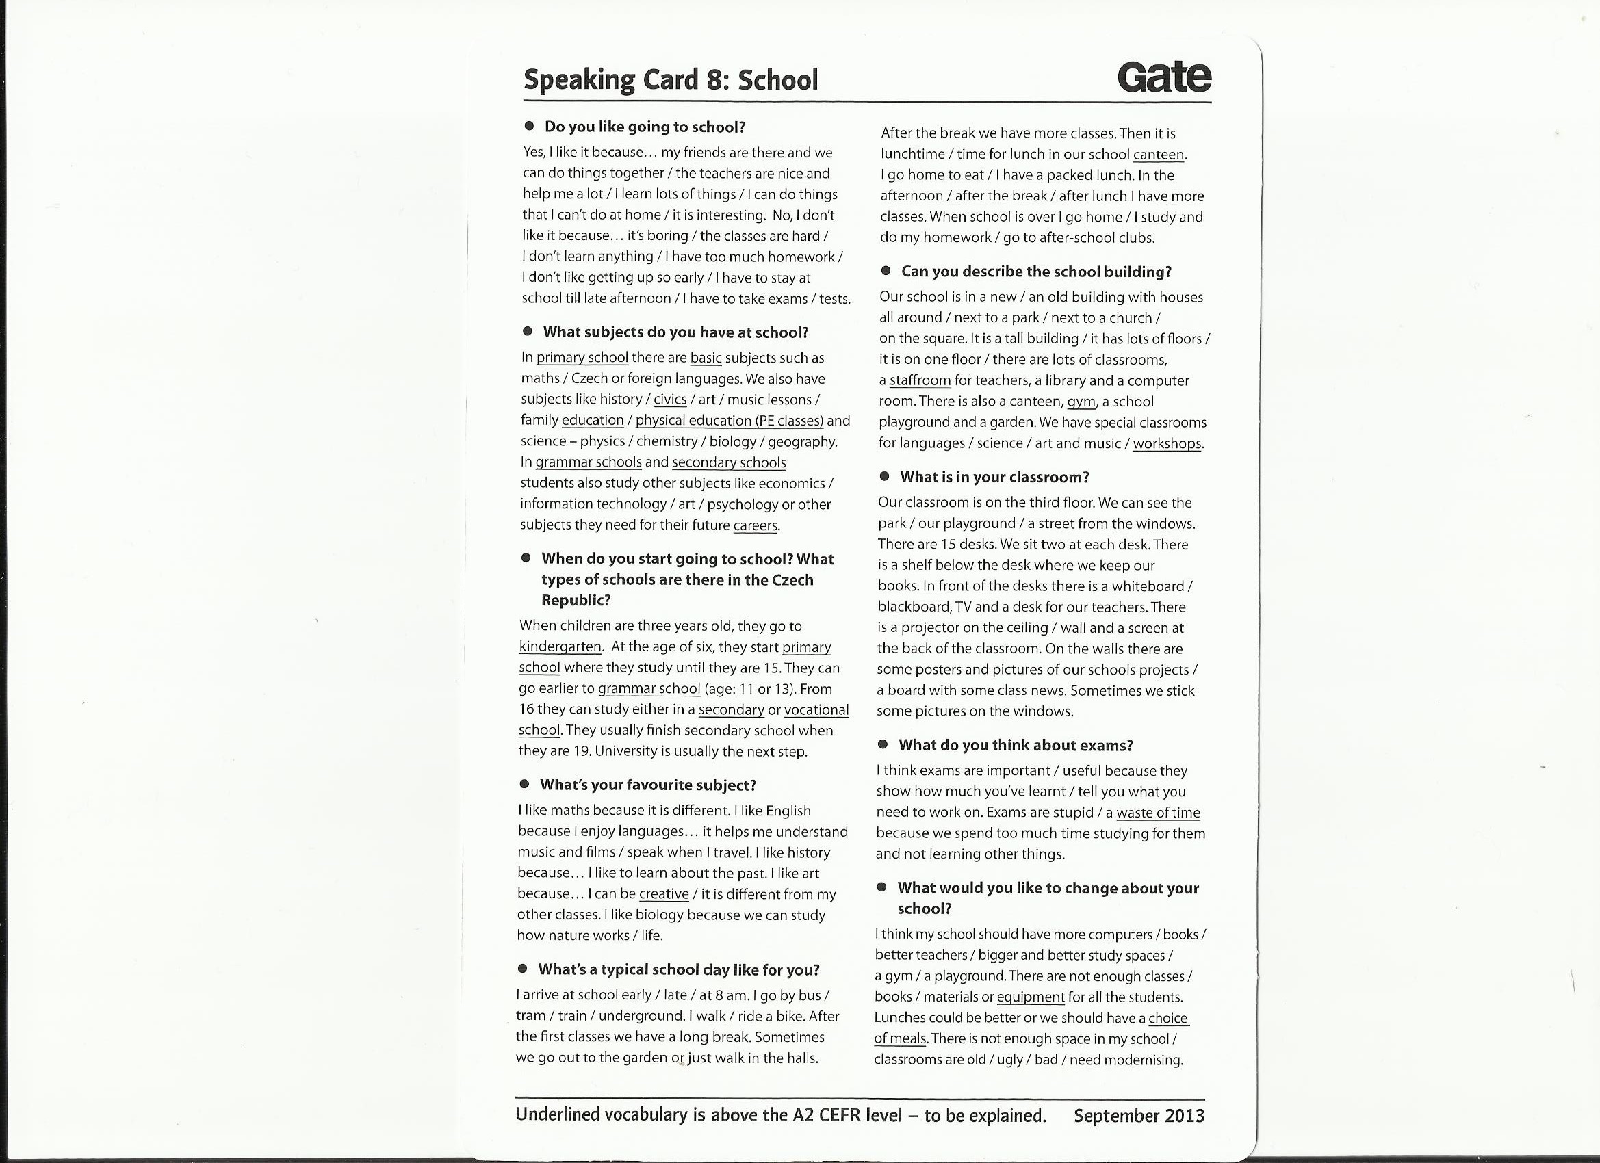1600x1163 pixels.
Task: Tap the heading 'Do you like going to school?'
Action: (x=644, y=127)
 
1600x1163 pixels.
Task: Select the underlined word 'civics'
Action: (x=669, y=400)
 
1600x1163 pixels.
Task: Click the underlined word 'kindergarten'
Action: (x=560, y=646)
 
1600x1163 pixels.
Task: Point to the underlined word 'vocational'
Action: (x=816, y=709)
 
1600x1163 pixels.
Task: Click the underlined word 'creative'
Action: (x=663, y=894)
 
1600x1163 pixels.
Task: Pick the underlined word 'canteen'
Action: (x=1159, y=155)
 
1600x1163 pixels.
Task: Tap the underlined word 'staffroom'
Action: (x=920, y=381)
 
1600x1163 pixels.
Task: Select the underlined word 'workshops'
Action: (x=1167, y=443)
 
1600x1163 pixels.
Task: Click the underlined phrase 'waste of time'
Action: (x=1158, y=813)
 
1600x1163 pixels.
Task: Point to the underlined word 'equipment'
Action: (x=1030, y=997)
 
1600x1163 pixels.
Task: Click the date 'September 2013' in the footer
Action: (x=1139, y=1116)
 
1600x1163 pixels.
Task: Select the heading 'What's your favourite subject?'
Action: (x=647, y=785)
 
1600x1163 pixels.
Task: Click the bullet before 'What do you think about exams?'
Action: (x=883, y=745)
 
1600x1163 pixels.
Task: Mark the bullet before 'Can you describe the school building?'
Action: (x=886, y=271)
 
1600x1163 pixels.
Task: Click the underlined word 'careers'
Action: (x=756, y=525)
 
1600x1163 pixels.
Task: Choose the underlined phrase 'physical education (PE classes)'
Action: (x=730, y=421)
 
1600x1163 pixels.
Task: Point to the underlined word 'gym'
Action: (x=1081, y=402)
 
